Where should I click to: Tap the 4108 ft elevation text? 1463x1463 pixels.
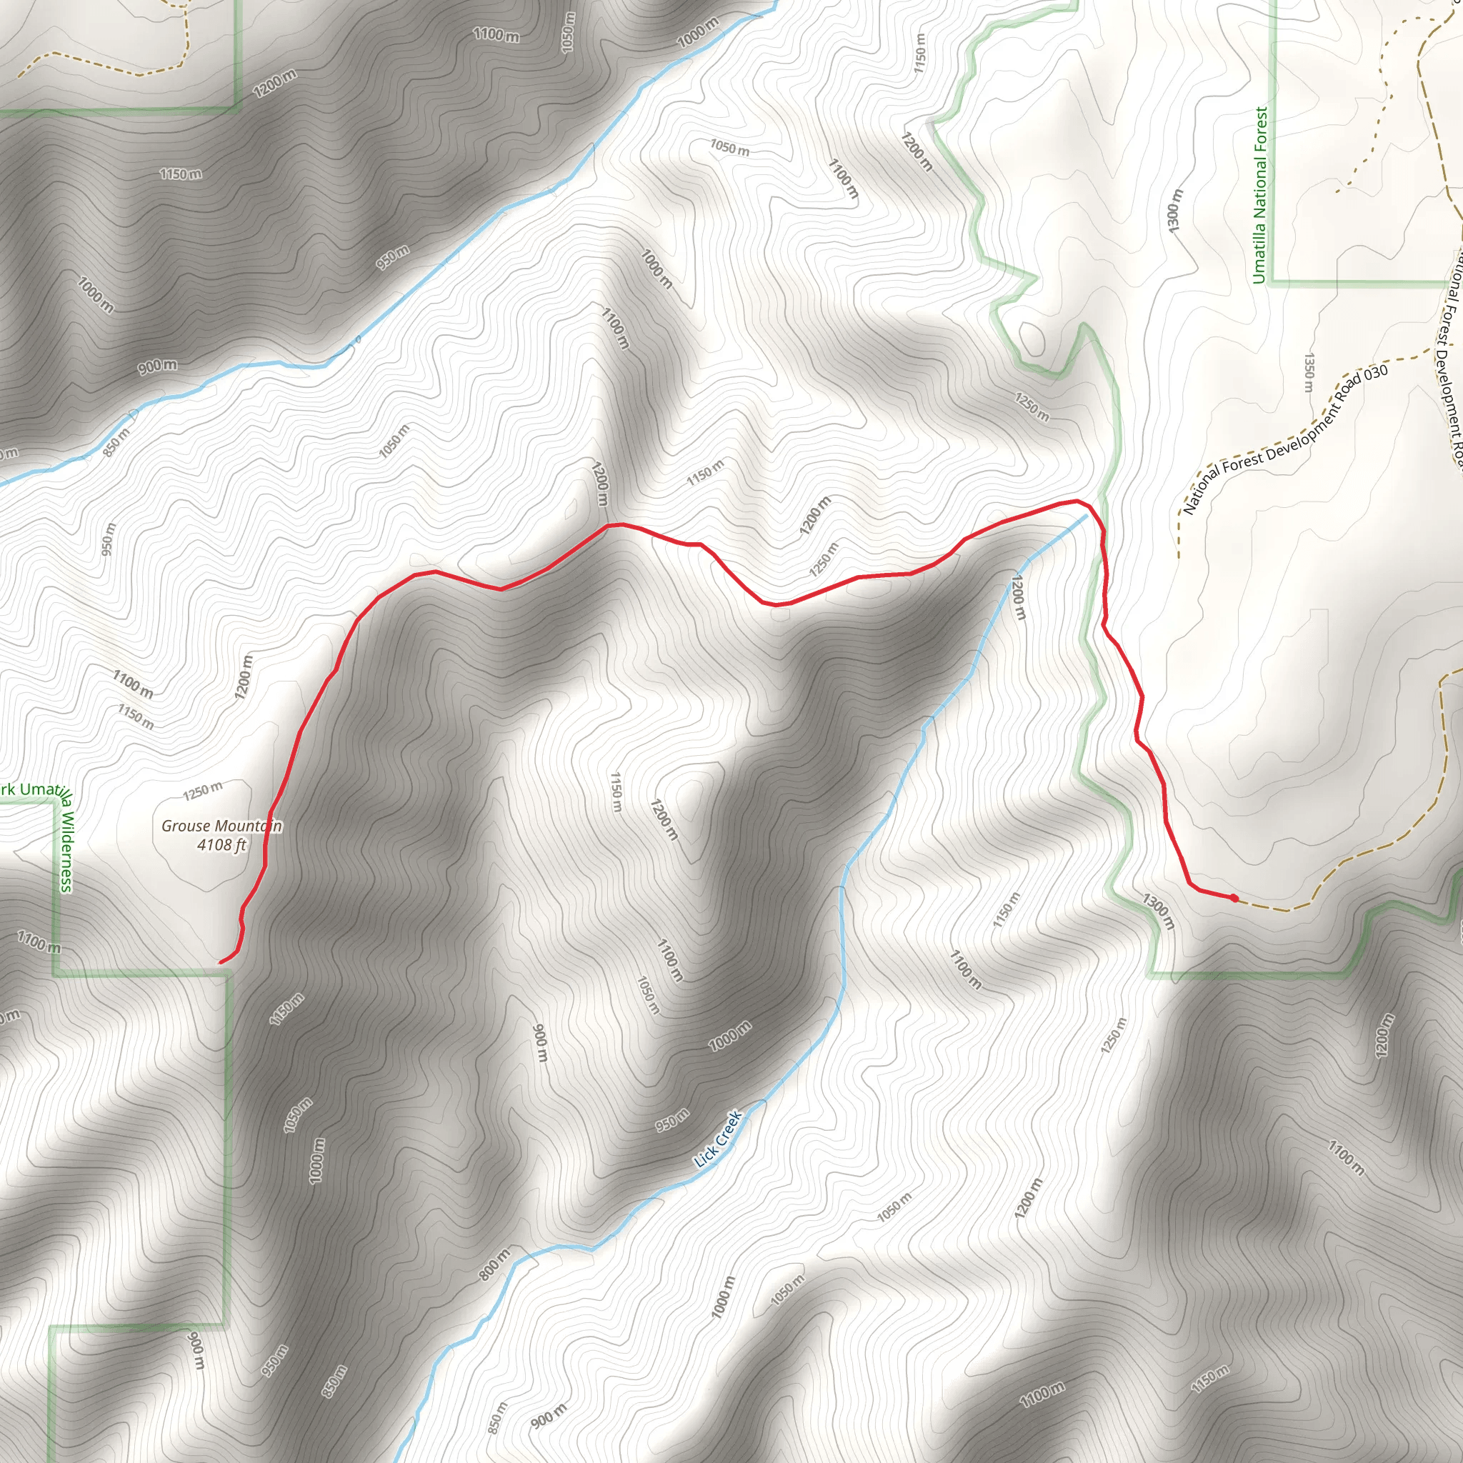[x=221, y=844]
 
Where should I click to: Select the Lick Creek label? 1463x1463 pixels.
[x=718, y=1138]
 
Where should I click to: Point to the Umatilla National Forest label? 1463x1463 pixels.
[x=1259, y=194]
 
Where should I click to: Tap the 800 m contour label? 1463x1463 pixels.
[x=494, y=1265]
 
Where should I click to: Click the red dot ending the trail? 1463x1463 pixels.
[x=1234, y=898]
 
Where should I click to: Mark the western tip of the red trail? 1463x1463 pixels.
[x=220, y=962]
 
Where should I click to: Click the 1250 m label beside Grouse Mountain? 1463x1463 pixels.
[x=203, y=791]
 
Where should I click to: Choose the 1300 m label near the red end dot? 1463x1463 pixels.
[x=1159, y=911]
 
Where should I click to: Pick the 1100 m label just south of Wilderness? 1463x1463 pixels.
[x=39, y=942]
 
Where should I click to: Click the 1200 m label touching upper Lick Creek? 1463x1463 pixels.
[x=1019, y=597]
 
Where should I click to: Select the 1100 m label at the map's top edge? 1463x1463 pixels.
[x=496, y=34]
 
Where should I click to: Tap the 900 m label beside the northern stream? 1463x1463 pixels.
[x=157, y=366]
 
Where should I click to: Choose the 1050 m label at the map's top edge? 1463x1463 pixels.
[x=568, y=33]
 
